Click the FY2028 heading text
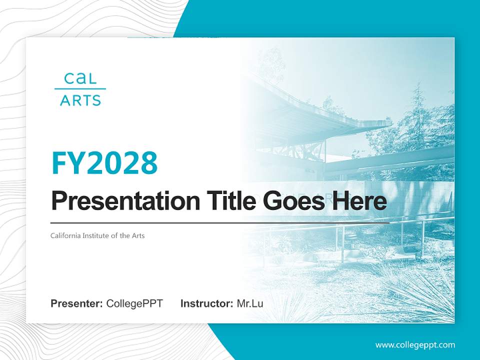pyautogui.click(x=104, y=163)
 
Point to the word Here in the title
pyautogui.click(x=359, y=201)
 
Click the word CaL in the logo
pyautogui.click(x=80, y=78)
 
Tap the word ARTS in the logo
pyautogui.click(x=80, y=100)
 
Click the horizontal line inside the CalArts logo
pyautogui.click(x=80, y=89)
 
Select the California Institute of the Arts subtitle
pyautogui.click(x=97, y=235)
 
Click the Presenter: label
pyautogui.click(x=76, y=303)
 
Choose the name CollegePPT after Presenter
pyautogui.click(x=134, y=303)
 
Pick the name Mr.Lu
pyautogui.click(x=249, y=303)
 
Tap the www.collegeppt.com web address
pyautogui.click(x=415, y=344)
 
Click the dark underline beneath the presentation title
pyautogui.click(x=220, y=222)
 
